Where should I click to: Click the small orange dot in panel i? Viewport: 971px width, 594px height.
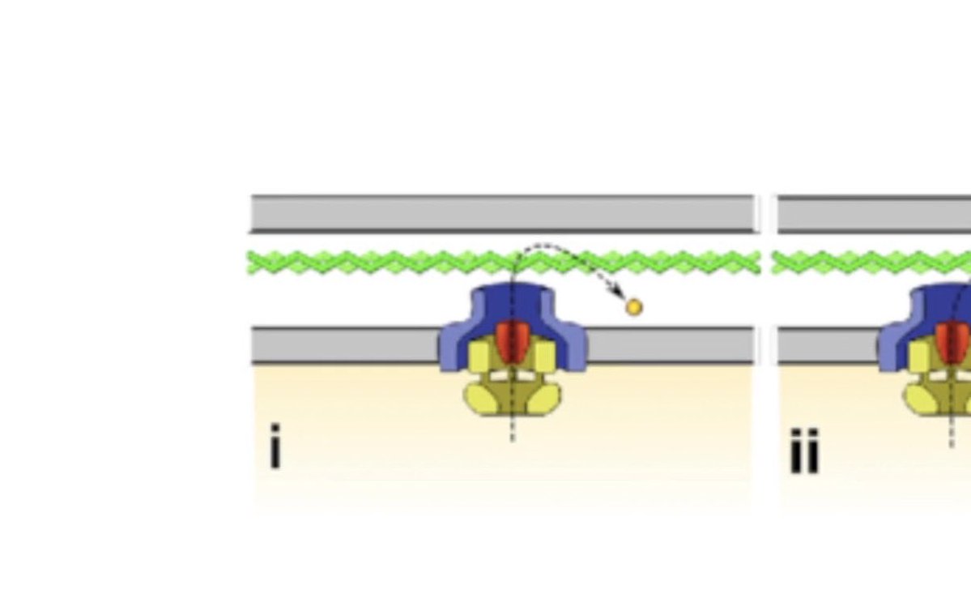[x=634, y=307]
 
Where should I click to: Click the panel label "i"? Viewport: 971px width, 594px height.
[x=275, y=447]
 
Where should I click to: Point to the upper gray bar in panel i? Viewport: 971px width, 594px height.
[x=502, y=214]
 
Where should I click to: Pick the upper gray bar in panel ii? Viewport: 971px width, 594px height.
[x=875, y=214]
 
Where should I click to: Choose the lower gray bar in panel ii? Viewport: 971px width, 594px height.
[x=826, y=345]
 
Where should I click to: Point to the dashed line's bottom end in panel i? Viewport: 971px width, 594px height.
[x=512, y=438]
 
